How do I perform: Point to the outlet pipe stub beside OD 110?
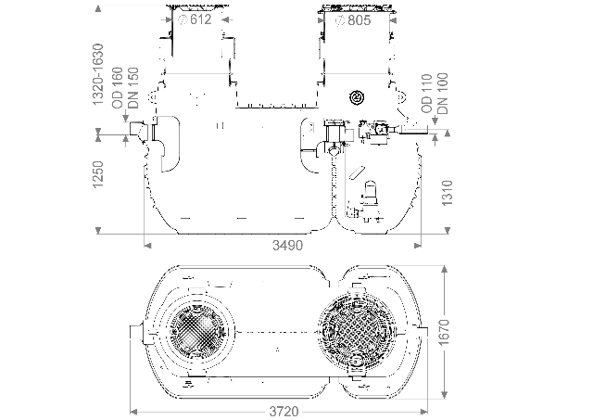pyautogui.click(x=419, y=134)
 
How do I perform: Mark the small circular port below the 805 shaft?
pyautogui.click(x=358, y=97)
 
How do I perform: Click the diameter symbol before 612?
pyautogui.click(x=183, y=20)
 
